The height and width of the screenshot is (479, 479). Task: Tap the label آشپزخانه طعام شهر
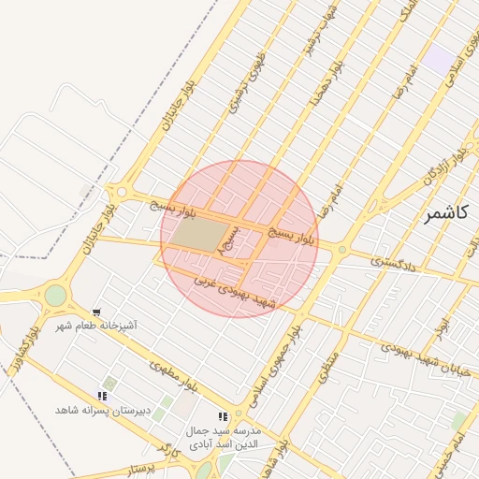[x=96, y=326]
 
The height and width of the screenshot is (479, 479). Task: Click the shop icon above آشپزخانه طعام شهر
[x=96, y=312]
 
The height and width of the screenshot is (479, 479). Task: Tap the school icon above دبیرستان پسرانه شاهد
[x=102, y=397]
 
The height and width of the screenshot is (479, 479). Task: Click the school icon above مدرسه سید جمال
[x=222, y=416]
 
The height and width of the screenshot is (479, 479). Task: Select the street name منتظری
[x=324, y=361]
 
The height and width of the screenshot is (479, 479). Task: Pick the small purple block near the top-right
[x=439, y=61]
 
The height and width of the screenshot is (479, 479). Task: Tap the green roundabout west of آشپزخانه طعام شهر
[x=55, y=296]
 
